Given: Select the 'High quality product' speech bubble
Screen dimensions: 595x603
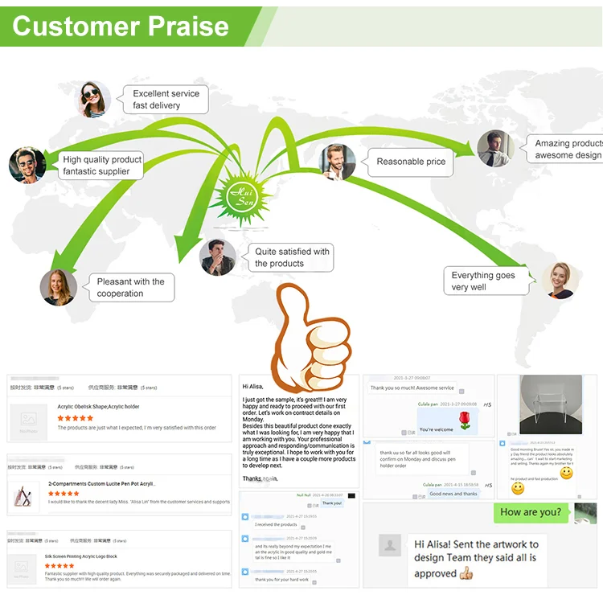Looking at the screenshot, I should tap(103, 165).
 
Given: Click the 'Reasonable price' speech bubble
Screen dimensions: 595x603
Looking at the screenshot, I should tap(411, 162).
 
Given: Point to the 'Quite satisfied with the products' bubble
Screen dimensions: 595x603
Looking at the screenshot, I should tap(291, 257).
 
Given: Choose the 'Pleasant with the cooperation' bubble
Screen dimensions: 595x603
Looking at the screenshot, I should tap(130, 287).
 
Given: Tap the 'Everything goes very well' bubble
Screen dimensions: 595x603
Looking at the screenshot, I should tap(483, 281).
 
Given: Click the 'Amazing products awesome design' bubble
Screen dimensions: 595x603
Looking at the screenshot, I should tap(566, 149).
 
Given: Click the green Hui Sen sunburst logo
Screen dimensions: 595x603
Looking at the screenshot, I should tap(242, 191).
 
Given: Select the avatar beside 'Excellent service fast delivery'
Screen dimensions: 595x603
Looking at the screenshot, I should tap(93, 100).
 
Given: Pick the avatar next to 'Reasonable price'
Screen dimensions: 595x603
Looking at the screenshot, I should tap(338, 162).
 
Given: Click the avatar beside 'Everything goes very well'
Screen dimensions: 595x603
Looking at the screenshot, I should tap(560, 281).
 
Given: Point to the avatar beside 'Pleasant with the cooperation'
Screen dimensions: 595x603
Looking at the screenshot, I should tap(59, 287).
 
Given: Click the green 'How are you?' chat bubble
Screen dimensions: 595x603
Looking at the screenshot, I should tap(531, 512).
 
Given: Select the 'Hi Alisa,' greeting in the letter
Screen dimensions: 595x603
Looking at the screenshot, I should tap(257, 387).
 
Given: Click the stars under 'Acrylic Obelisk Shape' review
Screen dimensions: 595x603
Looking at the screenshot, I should tap(76, 418).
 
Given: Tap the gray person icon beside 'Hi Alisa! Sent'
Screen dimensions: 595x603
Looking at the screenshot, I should tap(390, 546).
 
